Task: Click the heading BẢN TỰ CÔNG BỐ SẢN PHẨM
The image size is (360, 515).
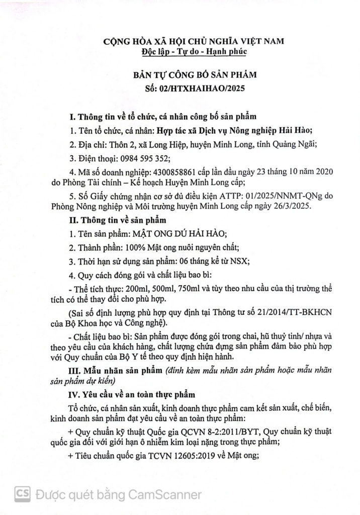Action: (188, 75)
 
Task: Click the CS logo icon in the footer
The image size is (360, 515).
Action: (22, 494)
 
